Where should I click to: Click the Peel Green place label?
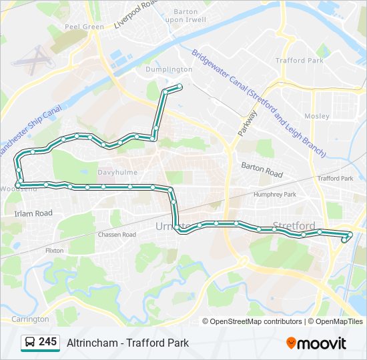click(x=84, y=27)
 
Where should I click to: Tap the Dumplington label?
click(x=169, y=69)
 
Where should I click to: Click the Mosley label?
click(x=317, y=116)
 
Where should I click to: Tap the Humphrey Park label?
click(x=274, y=194)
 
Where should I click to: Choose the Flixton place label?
click(x=54, y=251)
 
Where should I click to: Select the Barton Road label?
click(x=262, y=171)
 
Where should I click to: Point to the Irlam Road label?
click(x=33, y=213)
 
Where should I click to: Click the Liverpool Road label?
click(x=136, y=14)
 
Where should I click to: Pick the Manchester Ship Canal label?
click(x=30, y=131)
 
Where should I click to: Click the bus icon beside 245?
click(x=29, y=343)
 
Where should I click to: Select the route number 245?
click(x=47, y=342)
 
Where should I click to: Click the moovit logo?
click(x=316, y=343)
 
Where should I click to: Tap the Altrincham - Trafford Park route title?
click(x=127, y=343)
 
